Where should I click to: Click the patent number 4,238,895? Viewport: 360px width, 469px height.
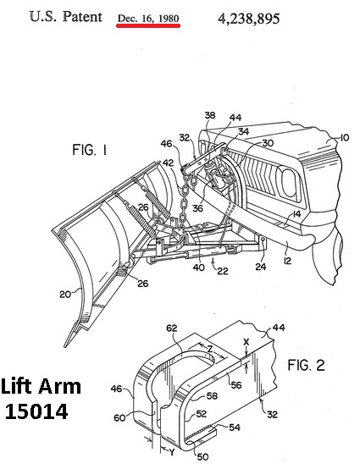(249, 19)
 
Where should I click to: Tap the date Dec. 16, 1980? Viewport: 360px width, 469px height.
(148, 18)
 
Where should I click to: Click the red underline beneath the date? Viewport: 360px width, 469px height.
(148, 25)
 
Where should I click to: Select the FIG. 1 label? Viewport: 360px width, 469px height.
(89, 150)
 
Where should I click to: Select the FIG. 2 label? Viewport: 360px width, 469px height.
(306, 365)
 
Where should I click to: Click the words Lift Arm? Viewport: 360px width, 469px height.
(41, 386)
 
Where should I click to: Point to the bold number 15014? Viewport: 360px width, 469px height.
(36, 411)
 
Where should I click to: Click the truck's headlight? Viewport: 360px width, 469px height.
(288, 182)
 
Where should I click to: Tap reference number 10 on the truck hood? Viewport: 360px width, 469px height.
(344, 138)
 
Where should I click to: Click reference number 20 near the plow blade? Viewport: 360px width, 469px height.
(65, 295)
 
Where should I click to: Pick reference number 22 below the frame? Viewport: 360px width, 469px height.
(222, 271)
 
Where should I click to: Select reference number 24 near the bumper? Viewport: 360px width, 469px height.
(261, 266)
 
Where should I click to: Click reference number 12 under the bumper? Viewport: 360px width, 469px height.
(287, 261)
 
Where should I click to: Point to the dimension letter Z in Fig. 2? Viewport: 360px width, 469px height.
(210, 348)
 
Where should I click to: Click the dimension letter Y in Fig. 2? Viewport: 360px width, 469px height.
(171, 452)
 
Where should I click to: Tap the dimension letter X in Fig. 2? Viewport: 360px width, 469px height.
(246, 341)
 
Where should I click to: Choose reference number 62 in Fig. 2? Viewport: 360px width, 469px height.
(171, 328)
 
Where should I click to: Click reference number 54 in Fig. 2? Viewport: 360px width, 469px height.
(235, 428)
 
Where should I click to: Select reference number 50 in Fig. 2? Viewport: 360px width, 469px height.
(202, 457)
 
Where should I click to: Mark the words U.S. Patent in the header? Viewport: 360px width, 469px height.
(66, 16)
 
